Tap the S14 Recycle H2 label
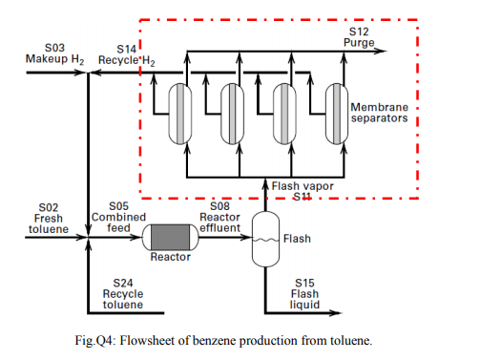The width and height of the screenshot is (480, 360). coord(134,53)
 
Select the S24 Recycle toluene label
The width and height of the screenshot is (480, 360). coord(122,294)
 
